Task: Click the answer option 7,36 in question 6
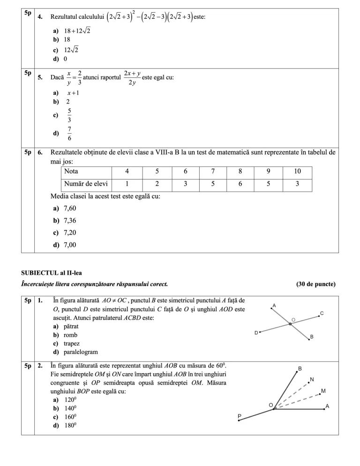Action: point(69,220)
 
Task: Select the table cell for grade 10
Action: point(297,172)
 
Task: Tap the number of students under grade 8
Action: point(240,184)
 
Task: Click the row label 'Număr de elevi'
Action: point(86,184)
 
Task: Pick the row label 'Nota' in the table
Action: point(71,172)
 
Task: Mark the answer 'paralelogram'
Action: point(81,352)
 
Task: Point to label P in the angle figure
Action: point(239,415)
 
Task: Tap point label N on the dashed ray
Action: point(312,379)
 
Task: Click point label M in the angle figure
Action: point(323,391)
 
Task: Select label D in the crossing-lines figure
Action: point(256,333)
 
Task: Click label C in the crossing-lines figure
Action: point(322,313)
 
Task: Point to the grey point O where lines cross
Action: point(290,324)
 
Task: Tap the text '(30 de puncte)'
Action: point(315,284)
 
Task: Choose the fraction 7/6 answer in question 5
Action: point(69,133)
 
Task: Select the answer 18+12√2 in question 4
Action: point(77,31)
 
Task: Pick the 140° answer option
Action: point(70,408)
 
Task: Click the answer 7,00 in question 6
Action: point(69,245)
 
